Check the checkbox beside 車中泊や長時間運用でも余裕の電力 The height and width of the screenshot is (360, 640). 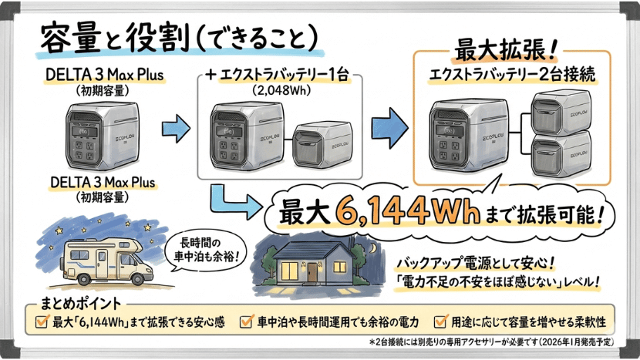click(x=246, y=320)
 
